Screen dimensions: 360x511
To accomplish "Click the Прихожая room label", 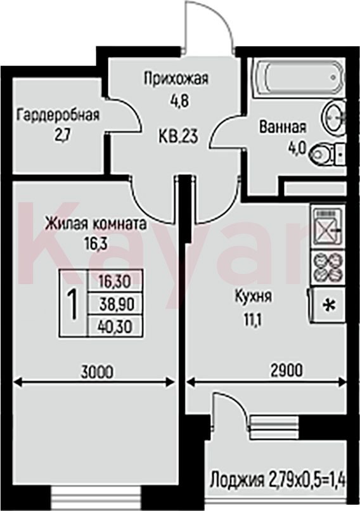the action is pyautogui.click(x=176, y=79).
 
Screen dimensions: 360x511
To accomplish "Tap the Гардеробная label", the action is pyautogui.click(x=59, y=115).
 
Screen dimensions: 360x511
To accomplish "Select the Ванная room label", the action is pyautogui.click(x=283, y=127).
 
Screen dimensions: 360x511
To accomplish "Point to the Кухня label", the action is pyautogui.click(x=254, y=297).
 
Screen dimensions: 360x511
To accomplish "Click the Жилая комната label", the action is pyautogui.click(x=96, y=224).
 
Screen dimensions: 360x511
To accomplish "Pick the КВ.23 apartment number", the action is pyautogui.click(x=178, y=136).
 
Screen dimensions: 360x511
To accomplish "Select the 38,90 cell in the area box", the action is pyautogui.click(x=115, y=304).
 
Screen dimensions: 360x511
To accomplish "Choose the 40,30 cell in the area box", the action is pyautogui.click(x=115, y=326).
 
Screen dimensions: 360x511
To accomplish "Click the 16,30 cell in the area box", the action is pyautogui.click(x=115, y=281).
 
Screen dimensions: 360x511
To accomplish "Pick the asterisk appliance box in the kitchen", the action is pyautogui.click(x=328, y=306).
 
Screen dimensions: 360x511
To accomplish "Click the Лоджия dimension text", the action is pyautogui.click(x=276, y=481).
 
